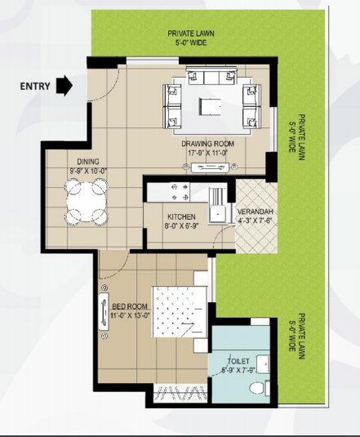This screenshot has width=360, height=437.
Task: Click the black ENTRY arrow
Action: click(x=64, y=86)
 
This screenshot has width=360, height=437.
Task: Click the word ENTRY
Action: click(x=34, y=85)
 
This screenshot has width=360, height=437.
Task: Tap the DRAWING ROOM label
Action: click(x=208, y=142)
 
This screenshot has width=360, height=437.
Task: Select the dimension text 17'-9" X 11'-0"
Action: click(x=208, y=151)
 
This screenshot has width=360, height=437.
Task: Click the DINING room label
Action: click(x=88, y=162)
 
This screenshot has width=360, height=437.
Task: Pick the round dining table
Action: click(x=86, y=201)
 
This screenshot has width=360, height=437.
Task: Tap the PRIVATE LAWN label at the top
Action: click(x=193, y=33)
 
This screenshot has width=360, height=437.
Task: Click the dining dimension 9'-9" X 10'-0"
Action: click(x=88, y=171)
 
